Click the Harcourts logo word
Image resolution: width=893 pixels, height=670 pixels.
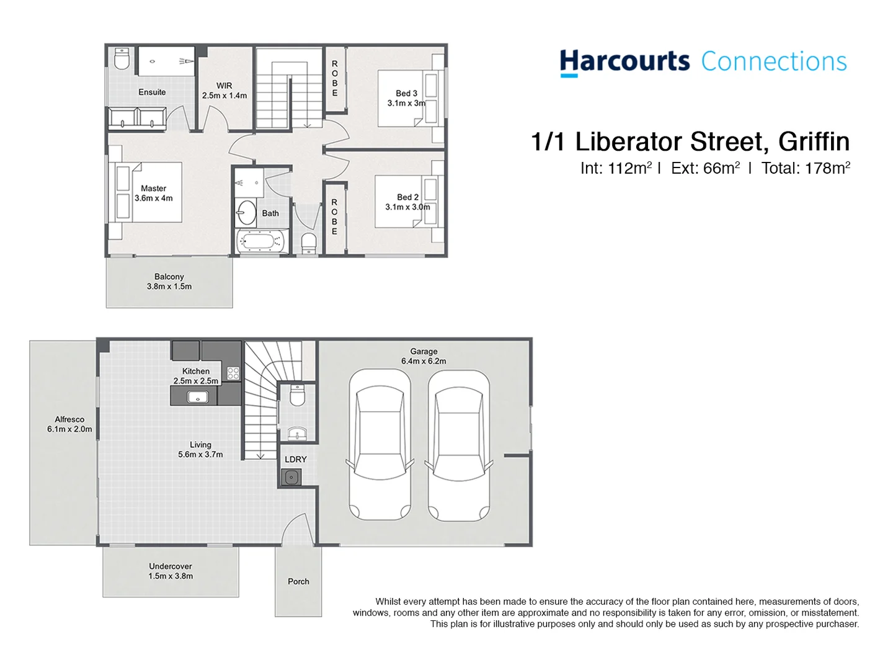coord(624,62)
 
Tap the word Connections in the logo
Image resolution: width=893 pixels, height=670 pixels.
coord(773,62)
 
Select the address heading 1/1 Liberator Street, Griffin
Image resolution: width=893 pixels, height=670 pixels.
coord(690,142)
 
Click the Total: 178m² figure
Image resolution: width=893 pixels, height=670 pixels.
coord(806,168)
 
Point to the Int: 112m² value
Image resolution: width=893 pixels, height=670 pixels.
coord(616,168)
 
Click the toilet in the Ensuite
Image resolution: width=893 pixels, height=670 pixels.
coord(122,59)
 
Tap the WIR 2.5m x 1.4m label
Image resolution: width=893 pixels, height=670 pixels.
coord(224,91)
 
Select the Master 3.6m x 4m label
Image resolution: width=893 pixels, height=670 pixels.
coord(153,193)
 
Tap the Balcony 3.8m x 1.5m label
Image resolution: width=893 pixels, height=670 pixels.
coord(169,282)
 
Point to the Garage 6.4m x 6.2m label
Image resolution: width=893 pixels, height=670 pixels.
coord(424,356)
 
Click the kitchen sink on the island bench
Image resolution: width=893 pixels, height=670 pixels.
coord(198,396)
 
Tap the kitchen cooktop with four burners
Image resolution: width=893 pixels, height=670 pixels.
coord(233,373)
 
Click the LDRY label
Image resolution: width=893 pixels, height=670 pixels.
coord(296,459)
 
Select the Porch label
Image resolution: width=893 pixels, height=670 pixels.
coord(298,581)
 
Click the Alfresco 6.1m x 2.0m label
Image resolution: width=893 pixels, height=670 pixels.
coord(69,424)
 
